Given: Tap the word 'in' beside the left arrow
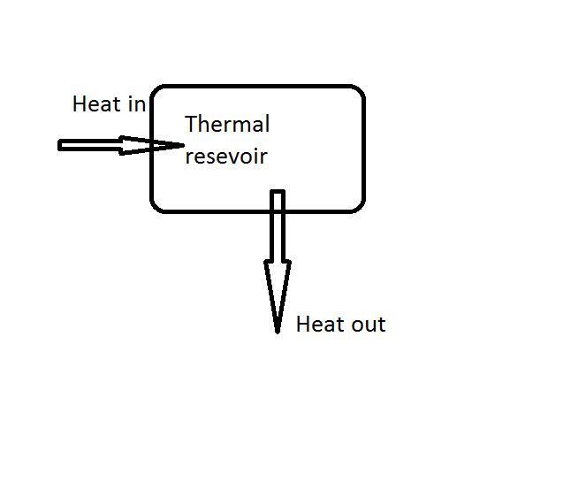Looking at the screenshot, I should (x=136, y=104).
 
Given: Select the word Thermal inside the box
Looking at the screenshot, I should (x=227, y=125).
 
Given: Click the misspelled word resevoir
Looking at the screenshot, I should (x=225, y=157).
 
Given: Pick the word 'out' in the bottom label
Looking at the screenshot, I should (x=366, y=325).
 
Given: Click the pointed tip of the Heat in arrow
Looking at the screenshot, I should (x=183, y=145).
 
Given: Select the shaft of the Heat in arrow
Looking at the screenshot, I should (x=88, y=145).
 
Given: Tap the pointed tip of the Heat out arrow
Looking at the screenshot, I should (x=278, y=332).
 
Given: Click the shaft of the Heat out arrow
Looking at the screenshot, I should (x=278, y=226).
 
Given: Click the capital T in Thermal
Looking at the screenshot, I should (x=192, y=125).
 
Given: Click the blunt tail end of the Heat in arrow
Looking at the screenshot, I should (x=60, y=145).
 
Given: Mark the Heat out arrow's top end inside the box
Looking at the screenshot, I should (x=278, y=192).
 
